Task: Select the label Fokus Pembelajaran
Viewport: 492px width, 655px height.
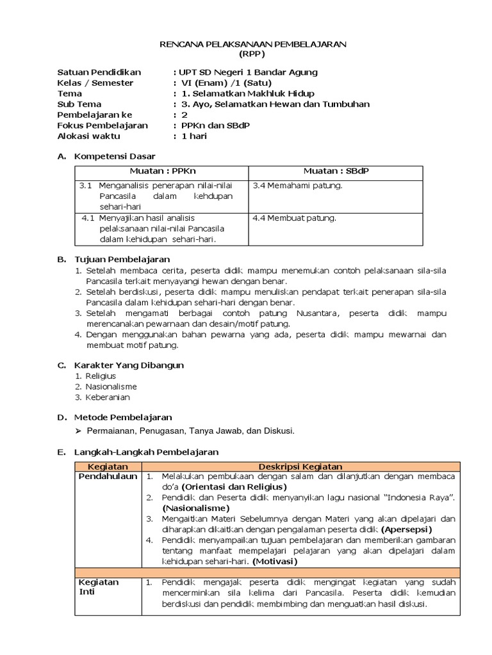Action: (x=102, y=125)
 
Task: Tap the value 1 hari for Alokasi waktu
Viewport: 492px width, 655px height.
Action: (x=194, y=136)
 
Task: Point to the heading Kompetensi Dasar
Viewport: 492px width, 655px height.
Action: (x=115, y=156)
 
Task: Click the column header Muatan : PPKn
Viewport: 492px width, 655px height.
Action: (x=161, y=171)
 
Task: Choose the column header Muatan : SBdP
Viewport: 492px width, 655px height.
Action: (x=335, y=171)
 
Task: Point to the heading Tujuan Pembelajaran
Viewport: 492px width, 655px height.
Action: (x=122, y=259)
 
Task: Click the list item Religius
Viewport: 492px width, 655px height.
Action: (x=101, y=376)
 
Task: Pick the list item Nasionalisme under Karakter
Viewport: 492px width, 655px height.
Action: (x=111, y=386)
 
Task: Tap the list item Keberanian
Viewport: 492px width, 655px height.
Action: (x=108, y=397)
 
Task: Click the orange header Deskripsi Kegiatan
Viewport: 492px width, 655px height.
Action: (x=300, y=467)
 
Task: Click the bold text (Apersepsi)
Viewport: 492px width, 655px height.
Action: (x=407, y=530)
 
